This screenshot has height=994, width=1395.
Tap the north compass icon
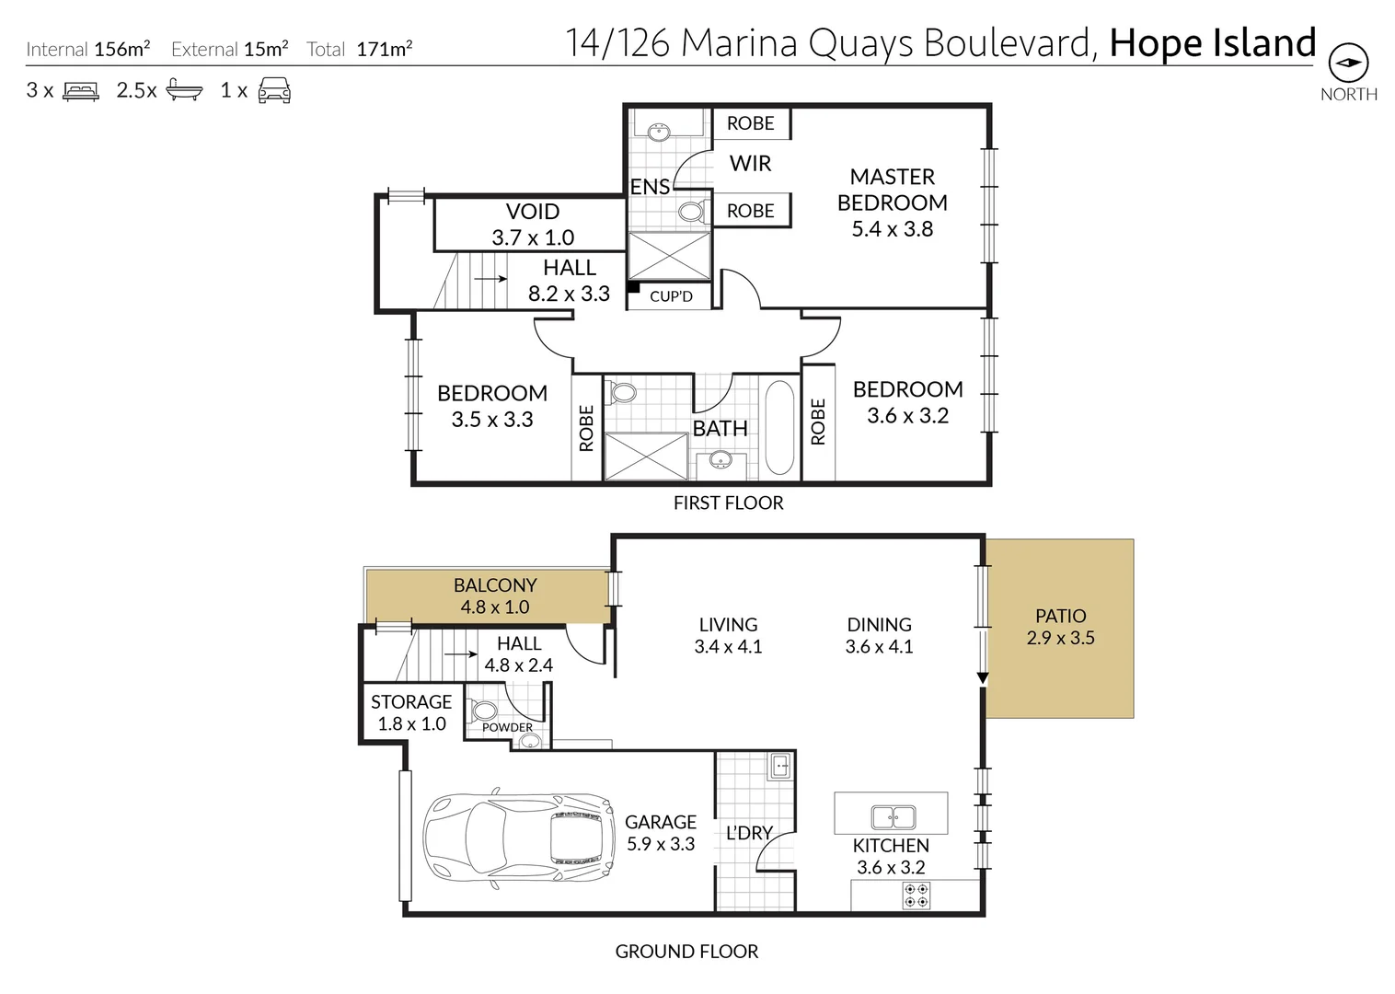coord(1348,64)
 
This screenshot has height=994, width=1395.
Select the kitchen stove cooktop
coord(916,896)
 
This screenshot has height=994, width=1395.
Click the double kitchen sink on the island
coord(893,816)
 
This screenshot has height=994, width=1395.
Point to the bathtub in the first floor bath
coord(779,428)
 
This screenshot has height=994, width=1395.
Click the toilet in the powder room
coord(484,711)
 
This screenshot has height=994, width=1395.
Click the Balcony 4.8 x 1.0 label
coord(495,595)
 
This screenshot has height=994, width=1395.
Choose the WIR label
coord(750,164)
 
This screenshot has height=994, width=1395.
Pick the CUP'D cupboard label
coord(671,296)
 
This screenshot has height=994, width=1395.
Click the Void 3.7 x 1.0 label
coord(533,225)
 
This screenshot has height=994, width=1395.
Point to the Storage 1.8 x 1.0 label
coord(411,712)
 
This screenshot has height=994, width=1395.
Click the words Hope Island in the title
coord(1212,43)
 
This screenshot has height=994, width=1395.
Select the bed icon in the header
coord(81,91)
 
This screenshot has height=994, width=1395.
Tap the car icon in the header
coord(274,90)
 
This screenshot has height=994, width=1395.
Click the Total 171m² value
coord(384,50)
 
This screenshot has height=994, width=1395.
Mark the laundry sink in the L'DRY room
coord(779,766)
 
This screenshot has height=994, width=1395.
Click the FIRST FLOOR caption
coord(728,503)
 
